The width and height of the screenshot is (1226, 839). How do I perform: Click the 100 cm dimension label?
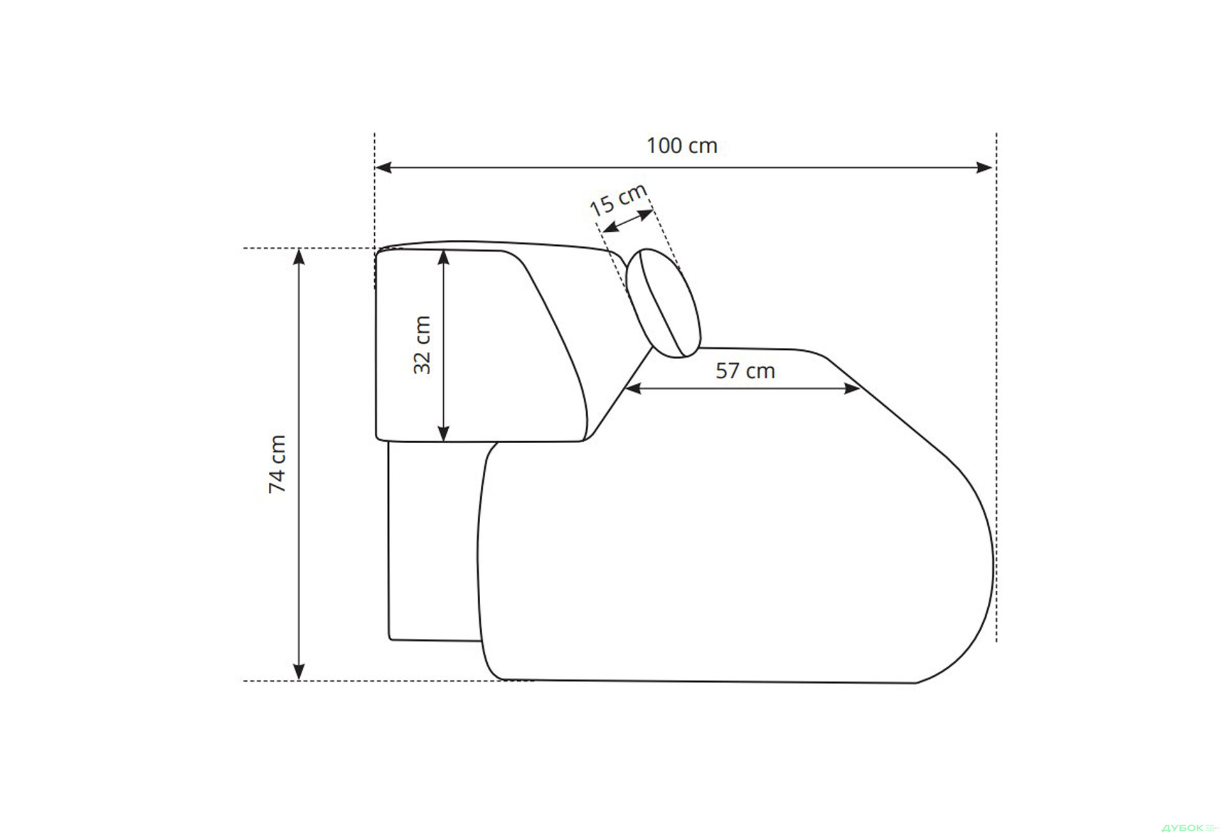coord(681,146)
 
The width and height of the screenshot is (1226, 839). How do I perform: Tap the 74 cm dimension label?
coord(278,464)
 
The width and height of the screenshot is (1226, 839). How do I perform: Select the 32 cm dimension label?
coord(422,345)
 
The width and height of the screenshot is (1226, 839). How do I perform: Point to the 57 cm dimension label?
coord(745,370)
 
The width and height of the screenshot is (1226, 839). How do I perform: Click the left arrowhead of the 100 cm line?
coord(383,168)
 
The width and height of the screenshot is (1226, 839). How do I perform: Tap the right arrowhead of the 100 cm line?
coord(985,168)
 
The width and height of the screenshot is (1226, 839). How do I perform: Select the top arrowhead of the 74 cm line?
coord(298,257)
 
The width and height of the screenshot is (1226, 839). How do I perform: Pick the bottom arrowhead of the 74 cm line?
coord(298,672)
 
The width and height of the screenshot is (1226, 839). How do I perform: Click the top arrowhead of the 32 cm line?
coord(444,258)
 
